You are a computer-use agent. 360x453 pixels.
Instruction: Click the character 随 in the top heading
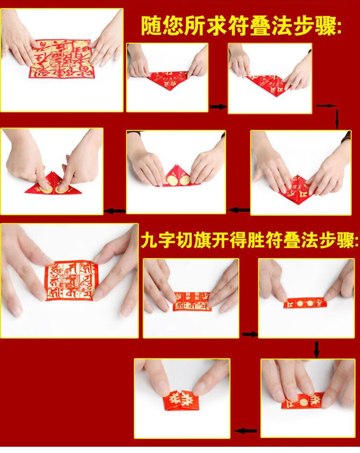click(x=151, y=25)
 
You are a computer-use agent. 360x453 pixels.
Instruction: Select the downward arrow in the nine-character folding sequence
click(x=316, y=349)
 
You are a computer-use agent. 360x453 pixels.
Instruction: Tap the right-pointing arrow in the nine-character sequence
click(x=249, y=334)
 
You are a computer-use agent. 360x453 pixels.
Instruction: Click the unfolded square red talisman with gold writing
click(x=60, y=59)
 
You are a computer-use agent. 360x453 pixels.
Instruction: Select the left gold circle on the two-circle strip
click(x=299, y=304)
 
